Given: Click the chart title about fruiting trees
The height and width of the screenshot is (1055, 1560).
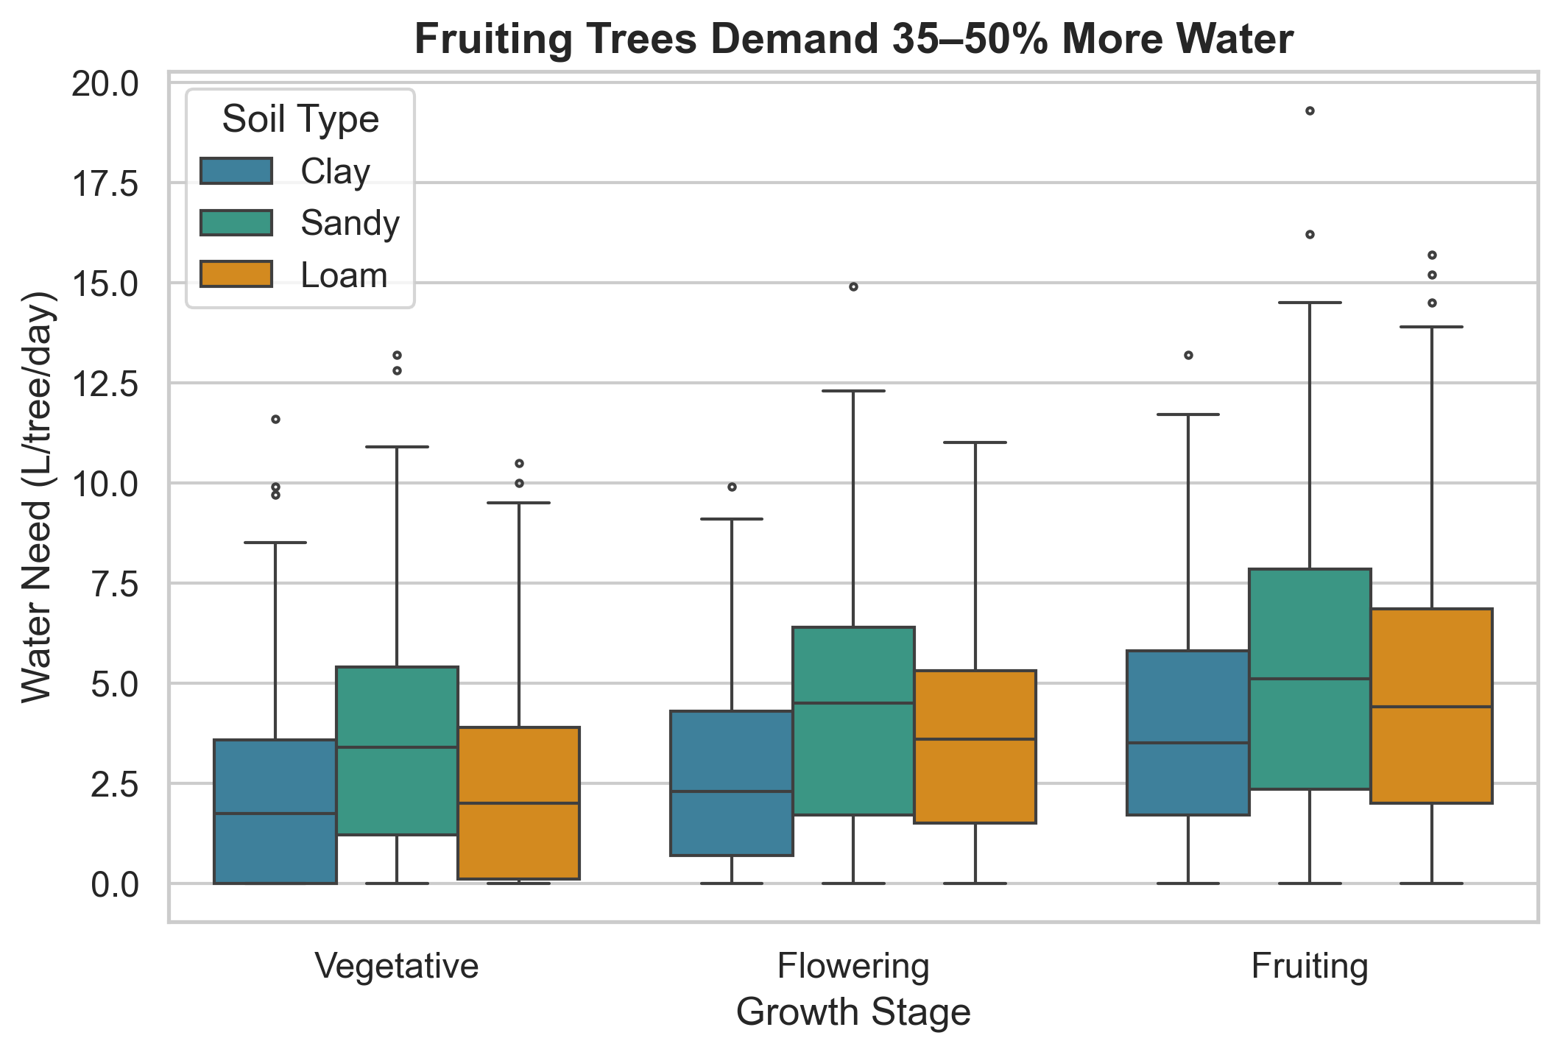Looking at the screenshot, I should click(853, 40).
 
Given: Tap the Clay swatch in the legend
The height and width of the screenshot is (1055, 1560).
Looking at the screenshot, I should click(236, 171).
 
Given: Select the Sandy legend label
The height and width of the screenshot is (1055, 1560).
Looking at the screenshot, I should click(350, 223).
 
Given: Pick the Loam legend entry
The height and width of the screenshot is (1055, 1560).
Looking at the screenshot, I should click(344, 275).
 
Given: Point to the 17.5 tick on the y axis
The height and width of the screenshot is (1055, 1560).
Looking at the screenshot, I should click(104, 184).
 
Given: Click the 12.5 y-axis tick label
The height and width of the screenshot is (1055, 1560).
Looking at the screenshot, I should click(104, 384).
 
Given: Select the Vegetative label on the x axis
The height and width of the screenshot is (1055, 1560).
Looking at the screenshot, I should click(397, 965).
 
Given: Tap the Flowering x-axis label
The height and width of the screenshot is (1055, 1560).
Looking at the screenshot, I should click(853, 965).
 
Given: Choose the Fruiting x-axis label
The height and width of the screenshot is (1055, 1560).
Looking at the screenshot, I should click(1310, 965).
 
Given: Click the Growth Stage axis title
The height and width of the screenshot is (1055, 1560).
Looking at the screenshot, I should click(853, 1012).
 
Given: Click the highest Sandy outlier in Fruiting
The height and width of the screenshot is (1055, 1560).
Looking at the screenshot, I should click(1310, 111).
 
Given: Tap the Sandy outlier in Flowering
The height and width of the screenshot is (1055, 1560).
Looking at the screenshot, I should click(853, 287).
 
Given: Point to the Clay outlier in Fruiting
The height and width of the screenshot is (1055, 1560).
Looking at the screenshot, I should click(1188, 356).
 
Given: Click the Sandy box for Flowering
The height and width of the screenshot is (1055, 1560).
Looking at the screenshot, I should click(853, 721).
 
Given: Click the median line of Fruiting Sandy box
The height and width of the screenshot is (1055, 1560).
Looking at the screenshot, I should click(1310, 679).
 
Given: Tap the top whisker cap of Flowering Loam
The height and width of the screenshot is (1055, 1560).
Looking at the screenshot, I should click(975, 442).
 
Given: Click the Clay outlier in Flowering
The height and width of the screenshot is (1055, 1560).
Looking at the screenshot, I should click(732, 487).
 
